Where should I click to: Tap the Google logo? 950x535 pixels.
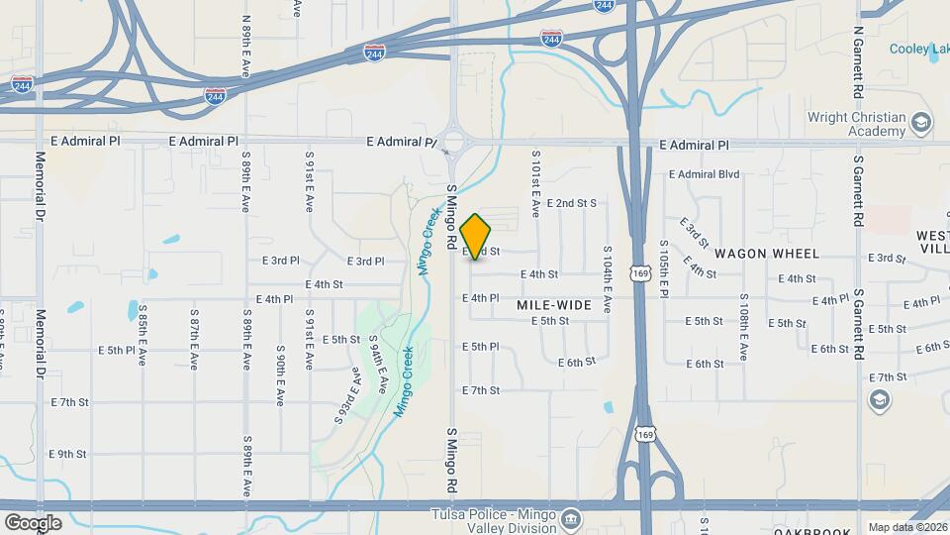point(33,522)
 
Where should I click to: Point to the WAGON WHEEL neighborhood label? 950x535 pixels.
point(755,254)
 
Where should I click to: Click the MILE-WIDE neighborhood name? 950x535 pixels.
point(554,305)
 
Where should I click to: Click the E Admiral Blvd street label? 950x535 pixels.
point(704,174)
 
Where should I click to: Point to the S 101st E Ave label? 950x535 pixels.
point(535,183)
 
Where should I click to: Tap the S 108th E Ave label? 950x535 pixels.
point(742,328)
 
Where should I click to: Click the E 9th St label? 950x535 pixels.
point(66,454)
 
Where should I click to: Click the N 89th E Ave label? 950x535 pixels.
point(244,42)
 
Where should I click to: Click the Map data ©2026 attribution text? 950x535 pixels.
point(906,527)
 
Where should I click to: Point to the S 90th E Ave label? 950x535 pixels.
point(281,375)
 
